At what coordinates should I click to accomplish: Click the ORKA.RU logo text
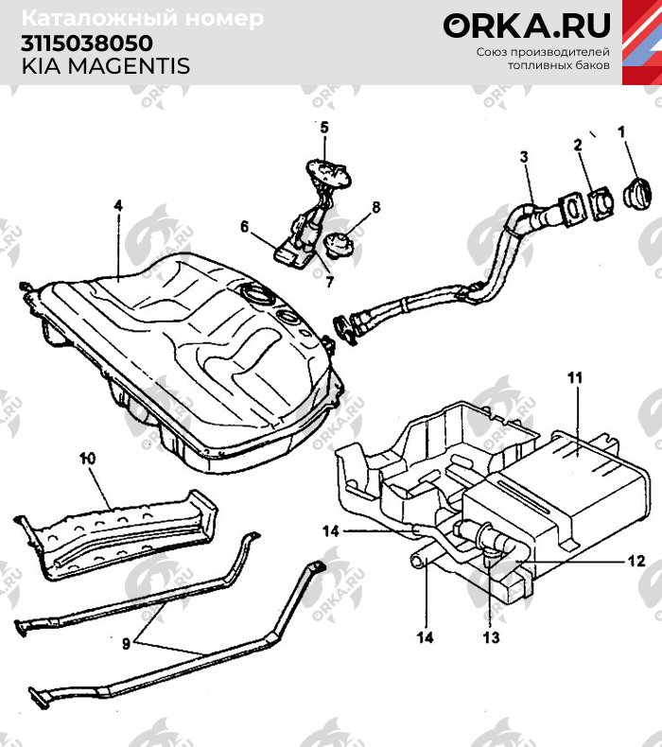[x=527, y=26]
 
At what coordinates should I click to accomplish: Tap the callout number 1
[x=621, y=132]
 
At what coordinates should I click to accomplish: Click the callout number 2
[x=576, y=145]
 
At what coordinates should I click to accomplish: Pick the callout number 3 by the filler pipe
[x=524, y=157]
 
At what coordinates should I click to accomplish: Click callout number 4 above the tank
[x=118, y=205]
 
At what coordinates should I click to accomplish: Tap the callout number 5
[x=322, y=127]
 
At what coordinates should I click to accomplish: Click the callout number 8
[x=375, y=207]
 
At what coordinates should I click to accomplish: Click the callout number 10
[x=88, y=459]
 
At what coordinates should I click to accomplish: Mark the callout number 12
[x=636, y=561]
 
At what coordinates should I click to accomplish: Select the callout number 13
[x=490, y=636]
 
